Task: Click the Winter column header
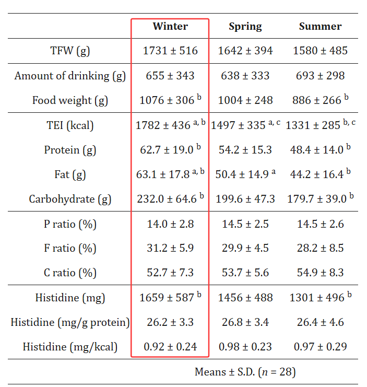[170, 26]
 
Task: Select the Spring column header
[245, 27]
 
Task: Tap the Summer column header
[320, 27]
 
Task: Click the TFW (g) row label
[70, 51]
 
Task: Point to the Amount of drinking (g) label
[70, 75]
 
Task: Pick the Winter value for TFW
[170, 51]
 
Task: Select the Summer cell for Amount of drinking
[320, 75]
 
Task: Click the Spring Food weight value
[245, 100]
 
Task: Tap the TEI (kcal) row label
[70, 125]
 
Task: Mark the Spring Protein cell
[245, 150]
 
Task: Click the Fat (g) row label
[70, 174]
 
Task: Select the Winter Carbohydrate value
[167, 199]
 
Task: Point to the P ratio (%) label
[70, 224]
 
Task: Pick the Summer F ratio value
[320, 248]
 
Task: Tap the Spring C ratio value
[245, 273]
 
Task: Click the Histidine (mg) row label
[70, 298]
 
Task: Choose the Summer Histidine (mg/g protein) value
[320, 322]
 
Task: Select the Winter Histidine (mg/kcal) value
[170, 347]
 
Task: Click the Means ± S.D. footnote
[245, 372]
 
